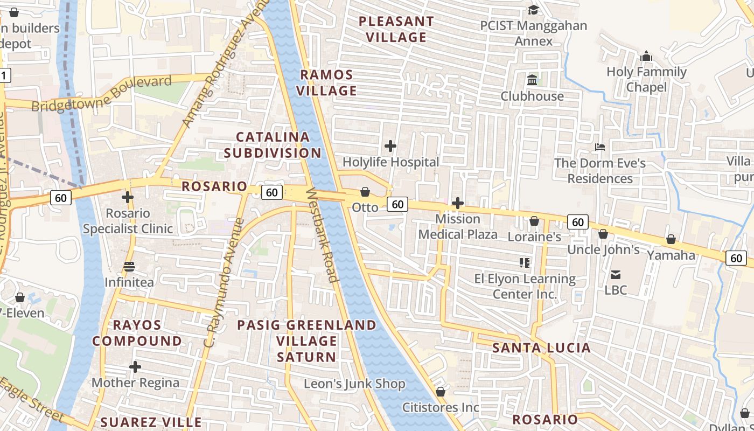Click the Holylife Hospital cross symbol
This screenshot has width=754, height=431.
point(390,146)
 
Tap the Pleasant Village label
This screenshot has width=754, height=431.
point(396,29)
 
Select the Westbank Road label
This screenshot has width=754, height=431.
point(322,235)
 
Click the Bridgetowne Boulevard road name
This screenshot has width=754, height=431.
point(102,94)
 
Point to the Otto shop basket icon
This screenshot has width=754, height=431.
point(365,192)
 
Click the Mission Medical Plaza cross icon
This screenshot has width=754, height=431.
point(458,203)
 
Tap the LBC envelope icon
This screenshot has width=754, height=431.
point(616,275)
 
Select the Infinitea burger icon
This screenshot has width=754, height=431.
point(129,267)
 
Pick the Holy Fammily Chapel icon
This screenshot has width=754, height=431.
point(646,56)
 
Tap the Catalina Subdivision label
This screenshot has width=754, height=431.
point(273,144)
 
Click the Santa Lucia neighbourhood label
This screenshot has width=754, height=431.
point(542,347)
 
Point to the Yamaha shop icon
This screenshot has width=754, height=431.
point(671,239)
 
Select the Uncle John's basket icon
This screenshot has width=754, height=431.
point(603,234)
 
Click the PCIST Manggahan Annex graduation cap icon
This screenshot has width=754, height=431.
point(533,10)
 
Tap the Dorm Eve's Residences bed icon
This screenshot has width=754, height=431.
point(600,147)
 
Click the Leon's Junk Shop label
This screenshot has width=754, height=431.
point(354,384)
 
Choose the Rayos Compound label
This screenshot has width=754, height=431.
point(137,333)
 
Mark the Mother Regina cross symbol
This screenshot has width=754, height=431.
point(135,367)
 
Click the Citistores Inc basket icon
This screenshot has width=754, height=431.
point(441,392)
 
